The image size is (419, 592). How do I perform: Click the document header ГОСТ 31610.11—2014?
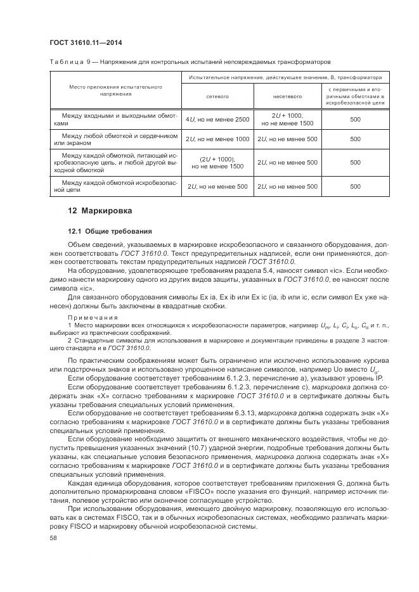(86, 42)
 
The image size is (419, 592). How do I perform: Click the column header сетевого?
(217, 97)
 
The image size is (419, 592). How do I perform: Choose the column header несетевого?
(285, 97)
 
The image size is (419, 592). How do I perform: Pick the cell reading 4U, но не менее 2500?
(217, 119)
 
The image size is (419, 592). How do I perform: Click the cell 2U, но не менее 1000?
(217, 139)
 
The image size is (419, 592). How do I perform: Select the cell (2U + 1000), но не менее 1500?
(217, 162)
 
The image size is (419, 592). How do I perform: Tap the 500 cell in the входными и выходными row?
(355, 119)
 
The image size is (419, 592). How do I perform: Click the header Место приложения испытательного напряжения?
(115, 89)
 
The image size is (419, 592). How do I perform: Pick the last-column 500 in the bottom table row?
(355, 186)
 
